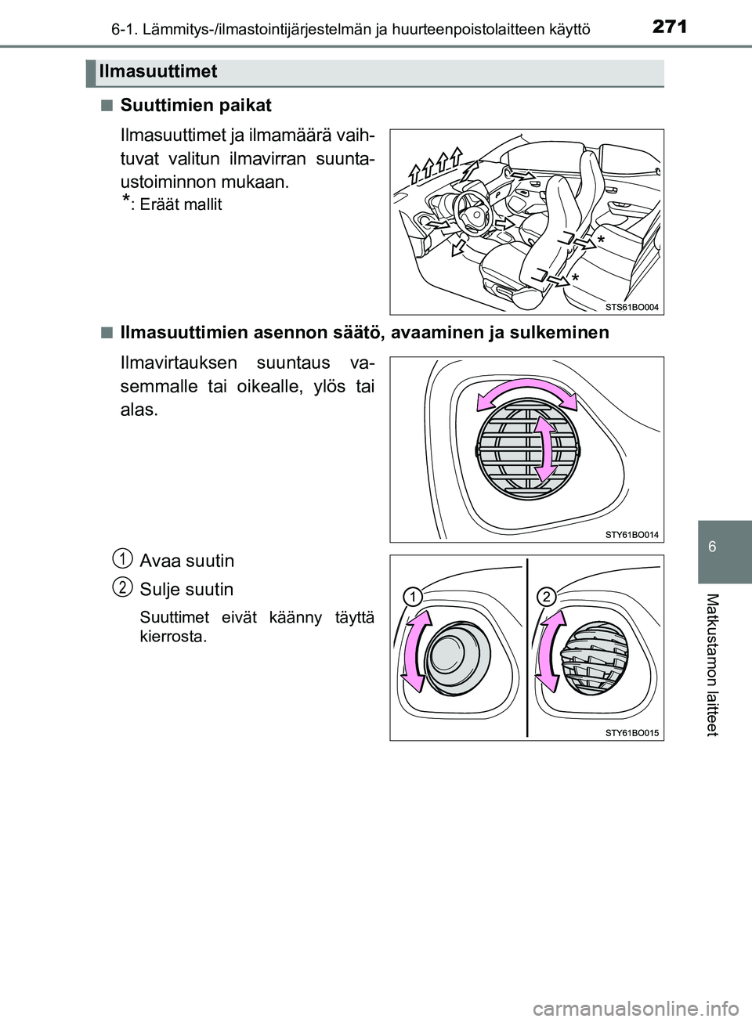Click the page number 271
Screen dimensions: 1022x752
coord(669,27)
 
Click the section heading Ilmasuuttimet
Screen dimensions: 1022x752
coord(157,72)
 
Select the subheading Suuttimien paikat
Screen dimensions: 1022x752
coord(196,105)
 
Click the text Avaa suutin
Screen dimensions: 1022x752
coord(186,561)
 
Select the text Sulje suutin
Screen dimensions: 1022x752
coord(186,589)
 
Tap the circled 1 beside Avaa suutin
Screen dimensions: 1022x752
coord(121,558)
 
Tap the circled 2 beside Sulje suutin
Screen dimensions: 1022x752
coord(121,586)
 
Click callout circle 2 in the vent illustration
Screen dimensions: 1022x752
coord(547,598)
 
